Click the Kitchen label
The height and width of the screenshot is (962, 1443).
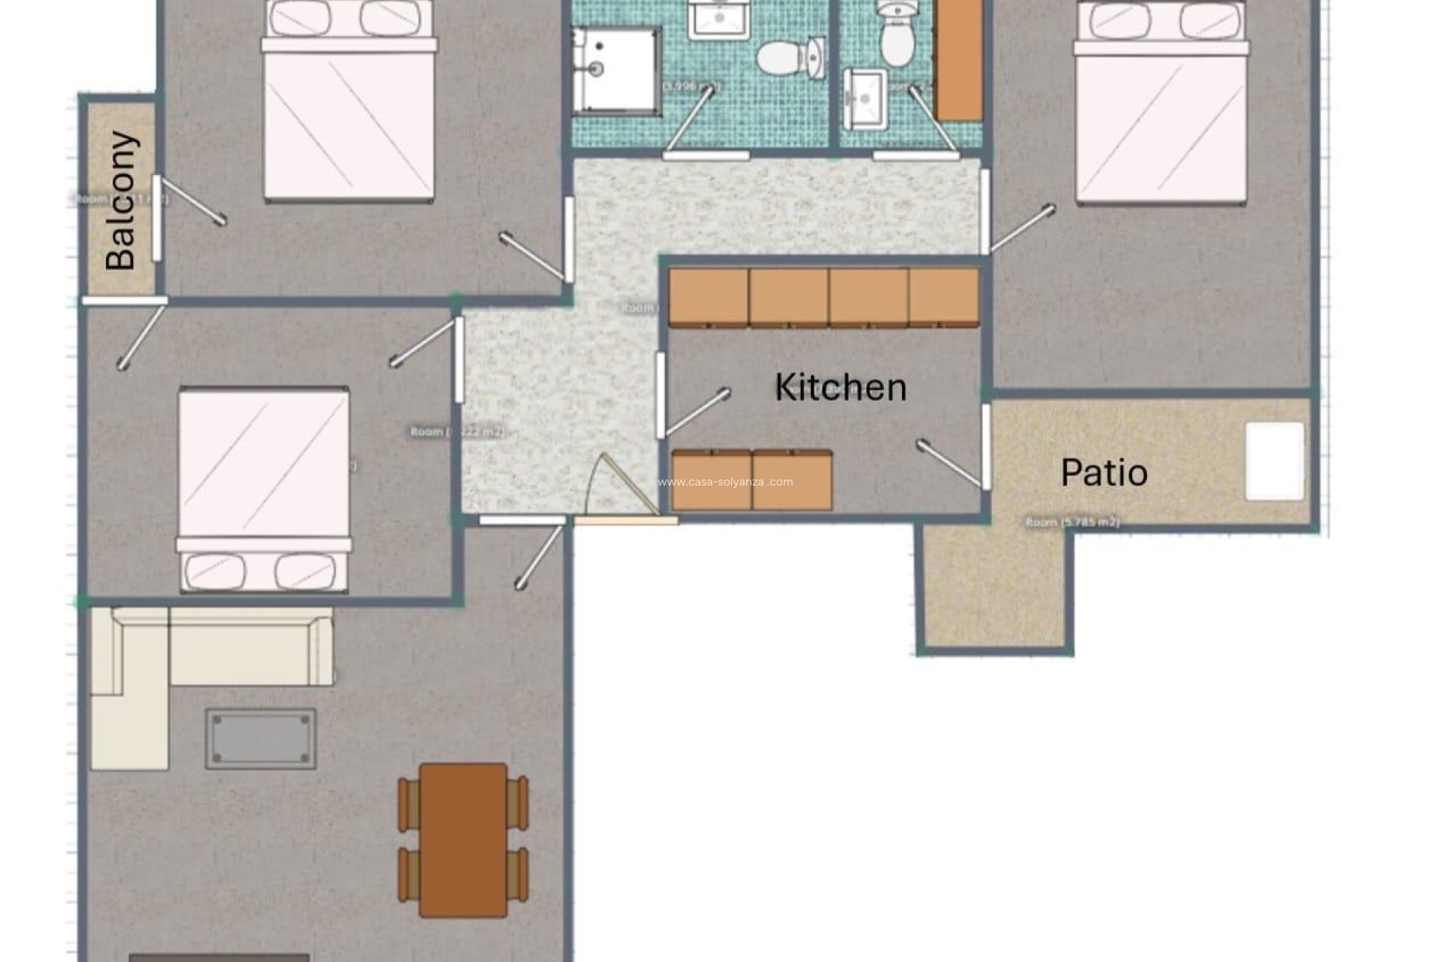[840, 388]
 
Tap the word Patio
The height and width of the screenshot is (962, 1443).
[1103, 473]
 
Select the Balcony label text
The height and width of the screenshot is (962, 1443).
[121, 201]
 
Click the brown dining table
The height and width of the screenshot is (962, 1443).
[463, 840]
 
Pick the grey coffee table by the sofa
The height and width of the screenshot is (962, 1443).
[261, 738]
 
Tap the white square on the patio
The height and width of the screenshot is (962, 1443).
[1275, 461]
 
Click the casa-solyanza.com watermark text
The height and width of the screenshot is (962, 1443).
[725, 483]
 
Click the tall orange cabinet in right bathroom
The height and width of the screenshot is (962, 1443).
[960, 60]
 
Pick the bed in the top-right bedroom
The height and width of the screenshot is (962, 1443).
[1160, 105]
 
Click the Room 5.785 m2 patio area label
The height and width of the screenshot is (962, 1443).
[1072, 522]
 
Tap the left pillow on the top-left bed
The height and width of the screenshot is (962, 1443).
[300, 18]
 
